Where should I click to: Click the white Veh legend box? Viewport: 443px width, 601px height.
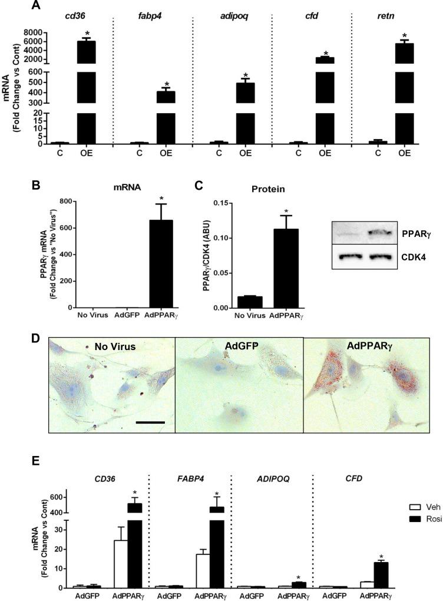click(x=413, y=506)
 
